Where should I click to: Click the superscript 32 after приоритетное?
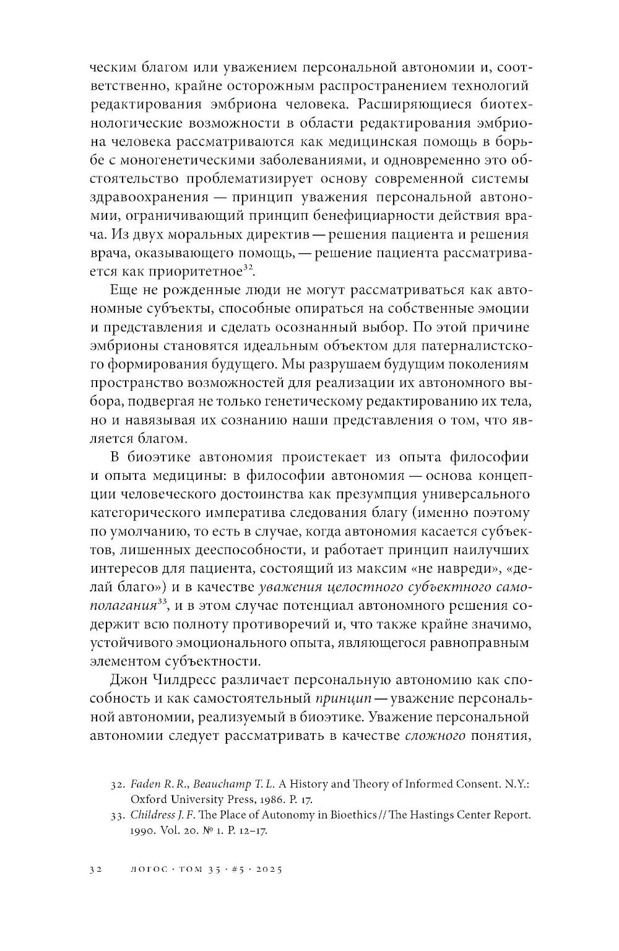246,267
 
